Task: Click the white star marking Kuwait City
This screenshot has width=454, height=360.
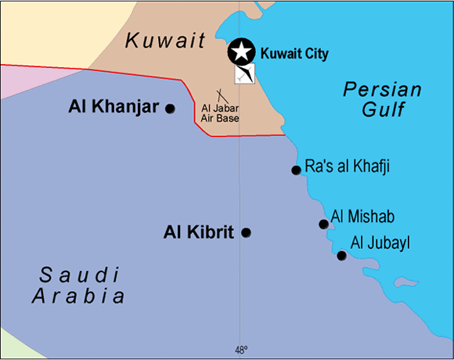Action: coord(242,52)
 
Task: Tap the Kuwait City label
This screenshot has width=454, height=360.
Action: coord(294,54)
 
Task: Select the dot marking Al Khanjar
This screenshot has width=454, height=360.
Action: coord(170,108)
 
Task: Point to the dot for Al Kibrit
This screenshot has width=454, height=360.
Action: coord(246,232)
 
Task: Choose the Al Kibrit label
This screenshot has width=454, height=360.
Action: coord(200,232)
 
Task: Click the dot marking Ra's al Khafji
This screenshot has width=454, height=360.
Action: coord(296,170)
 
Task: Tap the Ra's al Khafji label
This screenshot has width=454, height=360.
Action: coord(347,167)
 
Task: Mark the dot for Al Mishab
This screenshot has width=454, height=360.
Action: coord(323,225)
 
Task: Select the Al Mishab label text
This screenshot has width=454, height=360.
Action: coord(362,216)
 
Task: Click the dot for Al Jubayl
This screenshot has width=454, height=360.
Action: coord(341,256)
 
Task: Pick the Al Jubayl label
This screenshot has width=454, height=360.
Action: coord(380,243)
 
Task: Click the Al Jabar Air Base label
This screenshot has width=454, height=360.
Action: coord(220,113)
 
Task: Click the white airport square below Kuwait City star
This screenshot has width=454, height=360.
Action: coord(244,74)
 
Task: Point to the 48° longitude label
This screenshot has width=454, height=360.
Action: coord(240,350)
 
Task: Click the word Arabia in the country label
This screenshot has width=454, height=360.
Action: coord(78,297)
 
